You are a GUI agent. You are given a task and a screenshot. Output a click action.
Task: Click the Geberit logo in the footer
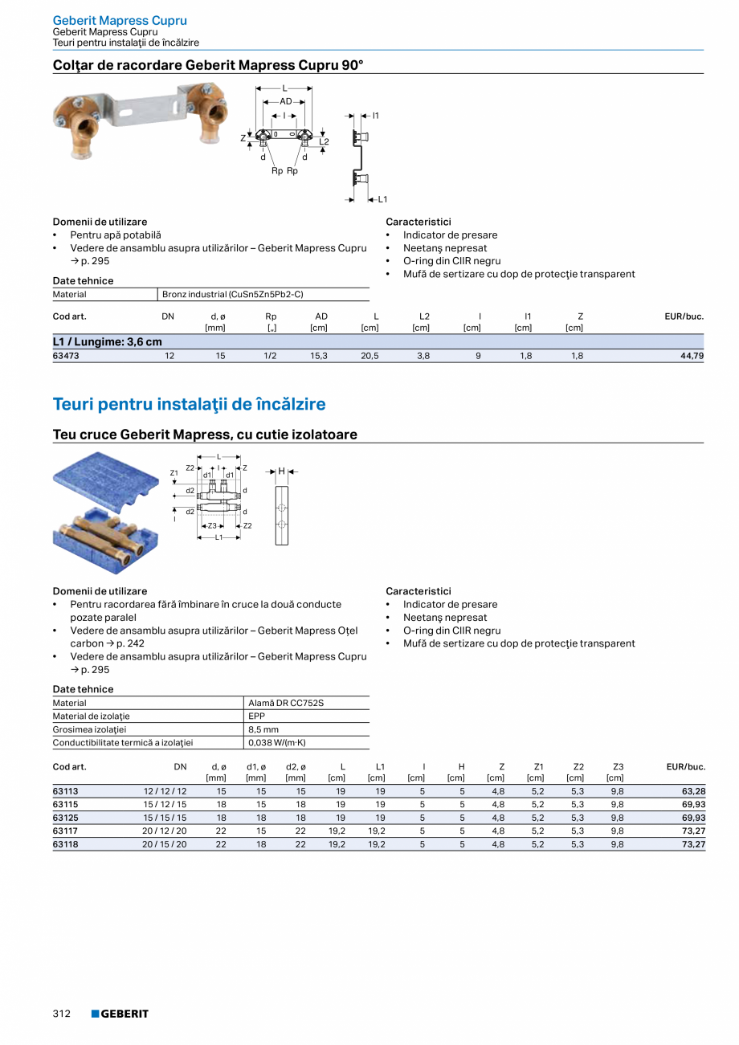pos(120,1014)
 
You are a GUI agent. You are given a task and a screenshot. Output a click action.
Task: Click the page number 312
pos(62,1014)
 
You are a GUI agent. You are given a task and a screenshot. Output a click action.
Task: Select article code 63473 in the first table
pos(65,355)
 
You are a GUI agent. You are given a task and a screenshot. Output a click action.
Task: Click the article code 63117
pos(65,831)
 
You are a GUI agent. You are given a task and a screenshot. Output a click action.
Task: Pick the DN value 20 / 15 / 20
pos(165,844)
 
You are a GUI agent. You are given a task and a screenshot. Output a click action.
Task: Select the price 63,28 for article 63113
pos(693,791)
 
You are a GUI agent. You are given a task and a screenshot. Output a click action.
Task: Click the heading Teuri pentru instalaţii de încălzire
pos(189,404)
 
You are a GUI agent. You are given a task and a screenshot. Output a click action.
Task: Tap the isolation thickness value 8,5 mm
pos(263,729)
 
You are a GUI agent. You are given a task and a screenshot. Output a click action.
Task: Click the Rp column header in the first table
pos(271,316)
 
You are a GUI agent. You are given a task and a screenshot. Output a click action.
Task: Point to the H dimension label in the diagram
pos(281,471)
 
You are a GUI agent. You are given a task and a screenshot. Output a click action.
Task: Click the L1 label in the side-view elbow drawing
pos(382,199)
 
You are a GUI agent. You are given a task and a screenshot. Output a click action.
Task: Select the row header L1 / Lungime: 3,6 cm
pos(107,342)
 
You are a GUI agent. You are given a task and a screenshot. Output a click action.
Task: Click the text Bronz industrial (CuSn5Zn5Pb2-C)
pos(233,295)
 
